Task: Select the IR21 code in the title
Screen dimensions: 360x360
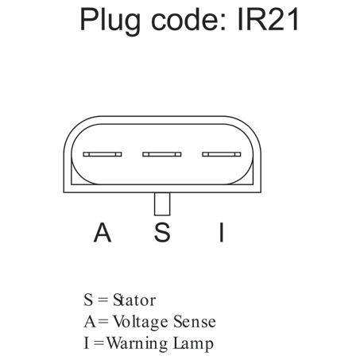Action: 268,19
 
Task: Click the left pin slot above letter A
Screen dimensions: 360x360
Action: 103,154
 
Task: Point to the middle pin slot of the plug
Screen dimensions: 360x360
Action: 162,154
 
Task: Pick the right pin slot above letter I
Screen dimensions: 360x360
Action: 222,154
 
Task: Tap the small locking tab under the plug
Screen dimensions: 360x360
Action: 162,204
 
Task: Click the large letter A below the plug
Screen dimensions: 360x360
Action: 103,232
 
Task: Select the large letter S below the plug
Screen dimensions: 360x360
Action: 162,232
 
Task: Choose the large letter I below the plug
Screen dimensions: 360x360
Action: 222,232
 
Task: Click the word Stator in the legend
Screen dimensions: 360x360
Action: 134,300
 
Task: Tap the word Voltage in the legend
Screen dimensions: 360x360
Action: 141,322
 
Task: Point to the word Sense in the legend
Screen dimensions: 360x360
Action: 195,322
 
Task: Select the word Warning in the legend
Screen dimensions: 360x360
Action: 137,344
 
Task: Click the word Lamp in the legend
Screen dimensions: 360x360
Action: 193,344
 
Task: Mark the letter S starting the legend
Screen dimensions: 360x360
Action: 88,300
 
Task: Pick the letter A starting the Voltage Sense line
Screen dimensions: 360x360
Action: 90,322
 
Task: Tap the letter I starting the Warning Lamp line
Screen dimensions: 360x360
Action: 86,343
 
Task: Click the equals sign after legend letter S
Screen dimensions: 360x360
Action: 103,300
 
